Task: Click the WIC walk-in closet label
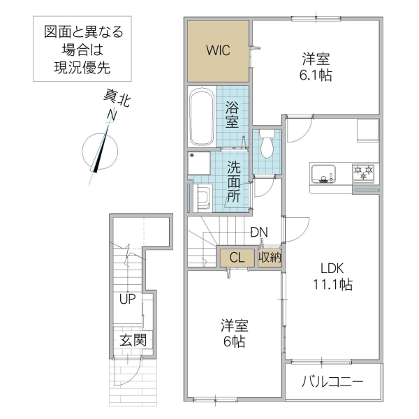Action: pyautogui.click(x=218, y=51)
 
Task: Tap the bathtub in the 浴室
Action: pyautogui.click(x=202, y=117)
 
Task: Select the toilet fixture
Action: pyautogui.click(x=266, y=145)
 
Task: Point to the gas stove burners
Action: pyautogui.click(x=365, y=172)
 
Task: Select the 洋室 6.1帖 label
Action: pyautogui.click(x=316, y=68)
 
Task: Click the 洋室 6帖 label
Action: pyautogui.click(x=234, y=333)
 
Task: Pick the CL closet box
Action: pyautogui.click(x=237, y=258)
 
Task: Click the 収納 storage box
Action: pyautogui.click(x=270, y=258)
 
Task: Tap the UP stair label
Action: pyautogui.click(x=126, y=300)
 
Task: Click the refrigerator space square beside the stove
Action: pyautogui.click(x=367, y=131)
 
